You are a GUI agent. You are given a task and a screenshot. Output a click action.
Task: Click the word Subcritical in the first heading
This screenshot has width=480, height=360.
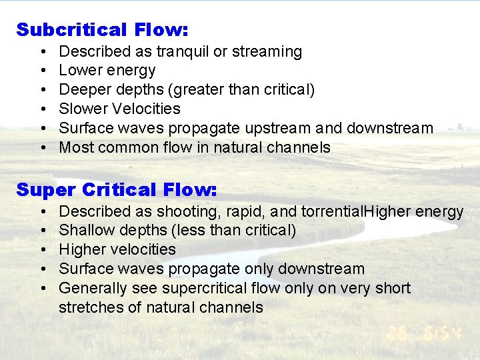(72, 30)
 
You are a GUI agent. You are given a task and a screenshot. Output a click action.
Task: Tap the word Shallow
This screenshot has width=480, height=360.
(85, 231)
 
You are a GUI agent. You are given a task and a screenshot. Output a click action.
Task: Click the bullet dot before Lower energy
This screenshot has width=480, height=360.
(42, 71)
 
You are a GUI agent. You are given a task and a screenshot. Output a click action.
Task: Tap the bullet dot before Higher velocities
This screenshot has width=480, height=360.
(42, 250)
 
